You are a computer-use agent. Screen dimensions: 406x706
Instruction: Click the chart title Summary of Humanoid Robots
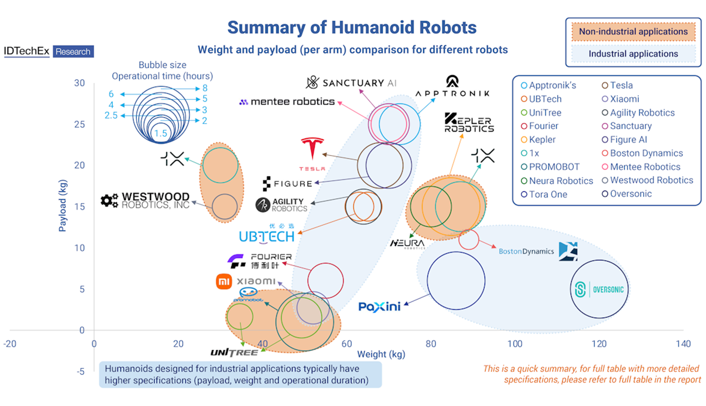tap(352, 27)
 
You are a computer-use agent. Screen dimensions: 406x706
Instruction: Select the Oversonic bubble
tap(600, 289)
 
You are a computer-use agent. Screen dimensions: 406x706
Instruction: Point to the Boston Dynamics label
tap(526, 251)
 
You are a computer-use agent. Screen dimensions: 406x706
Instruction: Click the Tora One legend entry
tap(548, 194)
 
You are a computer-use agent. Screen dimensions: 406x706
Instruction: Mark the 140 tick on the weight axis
tap(682, 343)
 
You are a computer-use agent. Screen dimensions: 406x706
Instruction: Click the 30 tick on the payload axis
tap(79, 83)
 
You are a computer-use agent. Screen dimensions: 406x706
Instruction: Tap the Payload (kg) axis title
tap(63, 207)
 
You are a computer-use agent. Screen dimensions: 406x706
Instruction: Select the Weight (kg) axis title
tap(381, 354)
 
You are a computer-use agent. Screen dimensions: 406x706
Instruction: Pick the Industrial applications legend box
tap(633, 54)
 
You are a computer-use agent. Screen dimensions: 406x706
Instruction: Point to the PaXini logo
tap(379, 306)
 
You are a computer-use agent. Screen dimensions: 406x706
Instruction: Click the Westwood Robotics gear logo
tap(109, 201)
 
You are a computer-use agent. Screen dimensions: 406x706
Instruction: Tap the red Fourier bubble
tap(325, 281)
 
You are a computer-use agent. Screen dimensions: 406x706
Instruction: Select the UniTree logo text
tap(234, 353)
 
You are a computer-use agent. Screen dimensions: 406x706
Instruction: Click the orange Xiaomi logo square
tap(225, 282)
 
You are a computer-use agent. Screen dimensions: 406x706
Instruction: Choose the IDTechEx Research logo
tap(48, 52)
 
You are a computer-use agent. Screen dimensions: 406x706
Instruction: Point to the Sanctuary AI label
tap(352, 83)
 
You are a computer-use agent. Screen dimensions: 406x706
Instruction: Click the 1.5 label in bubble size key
tap(161, 134)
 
